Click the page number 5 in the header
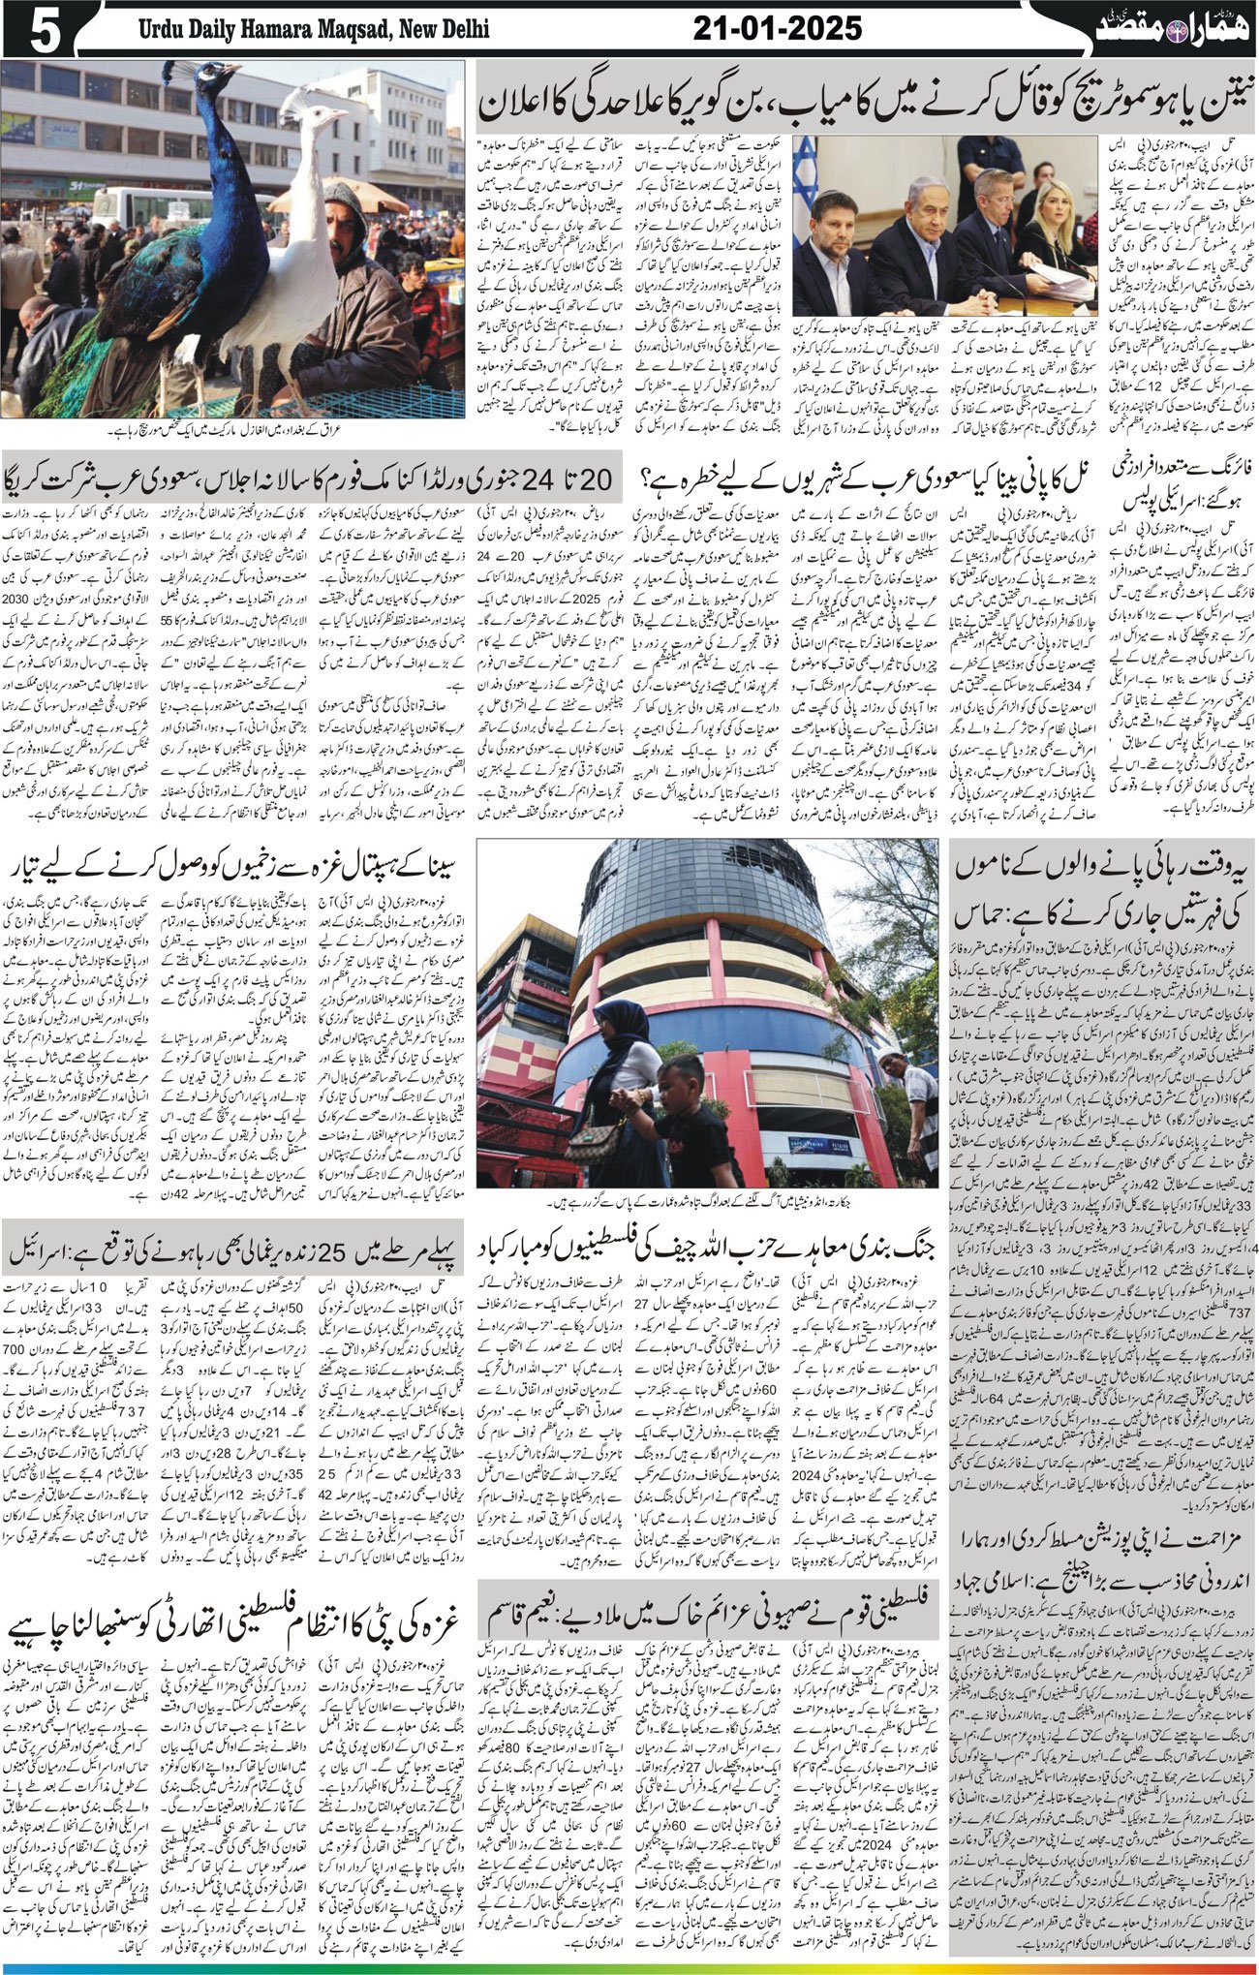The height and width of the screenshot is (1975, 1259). click(x=35, y=30)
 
